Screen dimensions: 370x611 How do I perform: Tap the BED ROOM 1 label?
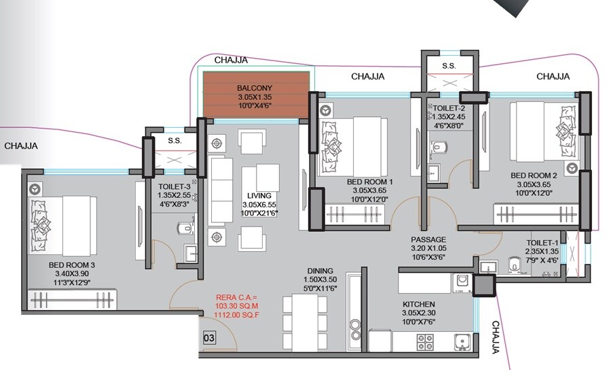(370, 182)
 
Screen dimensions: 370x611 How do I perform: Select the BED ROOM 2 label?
(534, 175)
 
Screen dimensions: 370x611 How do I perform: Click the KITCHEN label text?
(418, 303)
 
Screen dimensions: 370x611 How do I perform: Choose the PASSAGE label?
(428, 239)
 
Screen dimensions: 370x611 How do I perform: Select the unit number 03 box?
(210, 337)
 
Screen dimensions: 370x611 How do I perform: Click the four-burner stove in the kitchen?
(425, 341)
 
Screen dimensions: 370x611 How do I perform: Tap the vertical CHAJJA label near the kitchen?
(496, 337)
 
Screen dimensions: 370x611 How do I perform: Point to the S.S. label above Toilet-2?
(449, 66)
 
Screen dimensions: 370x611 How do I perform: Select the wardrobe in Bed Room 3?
(72, 299)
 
